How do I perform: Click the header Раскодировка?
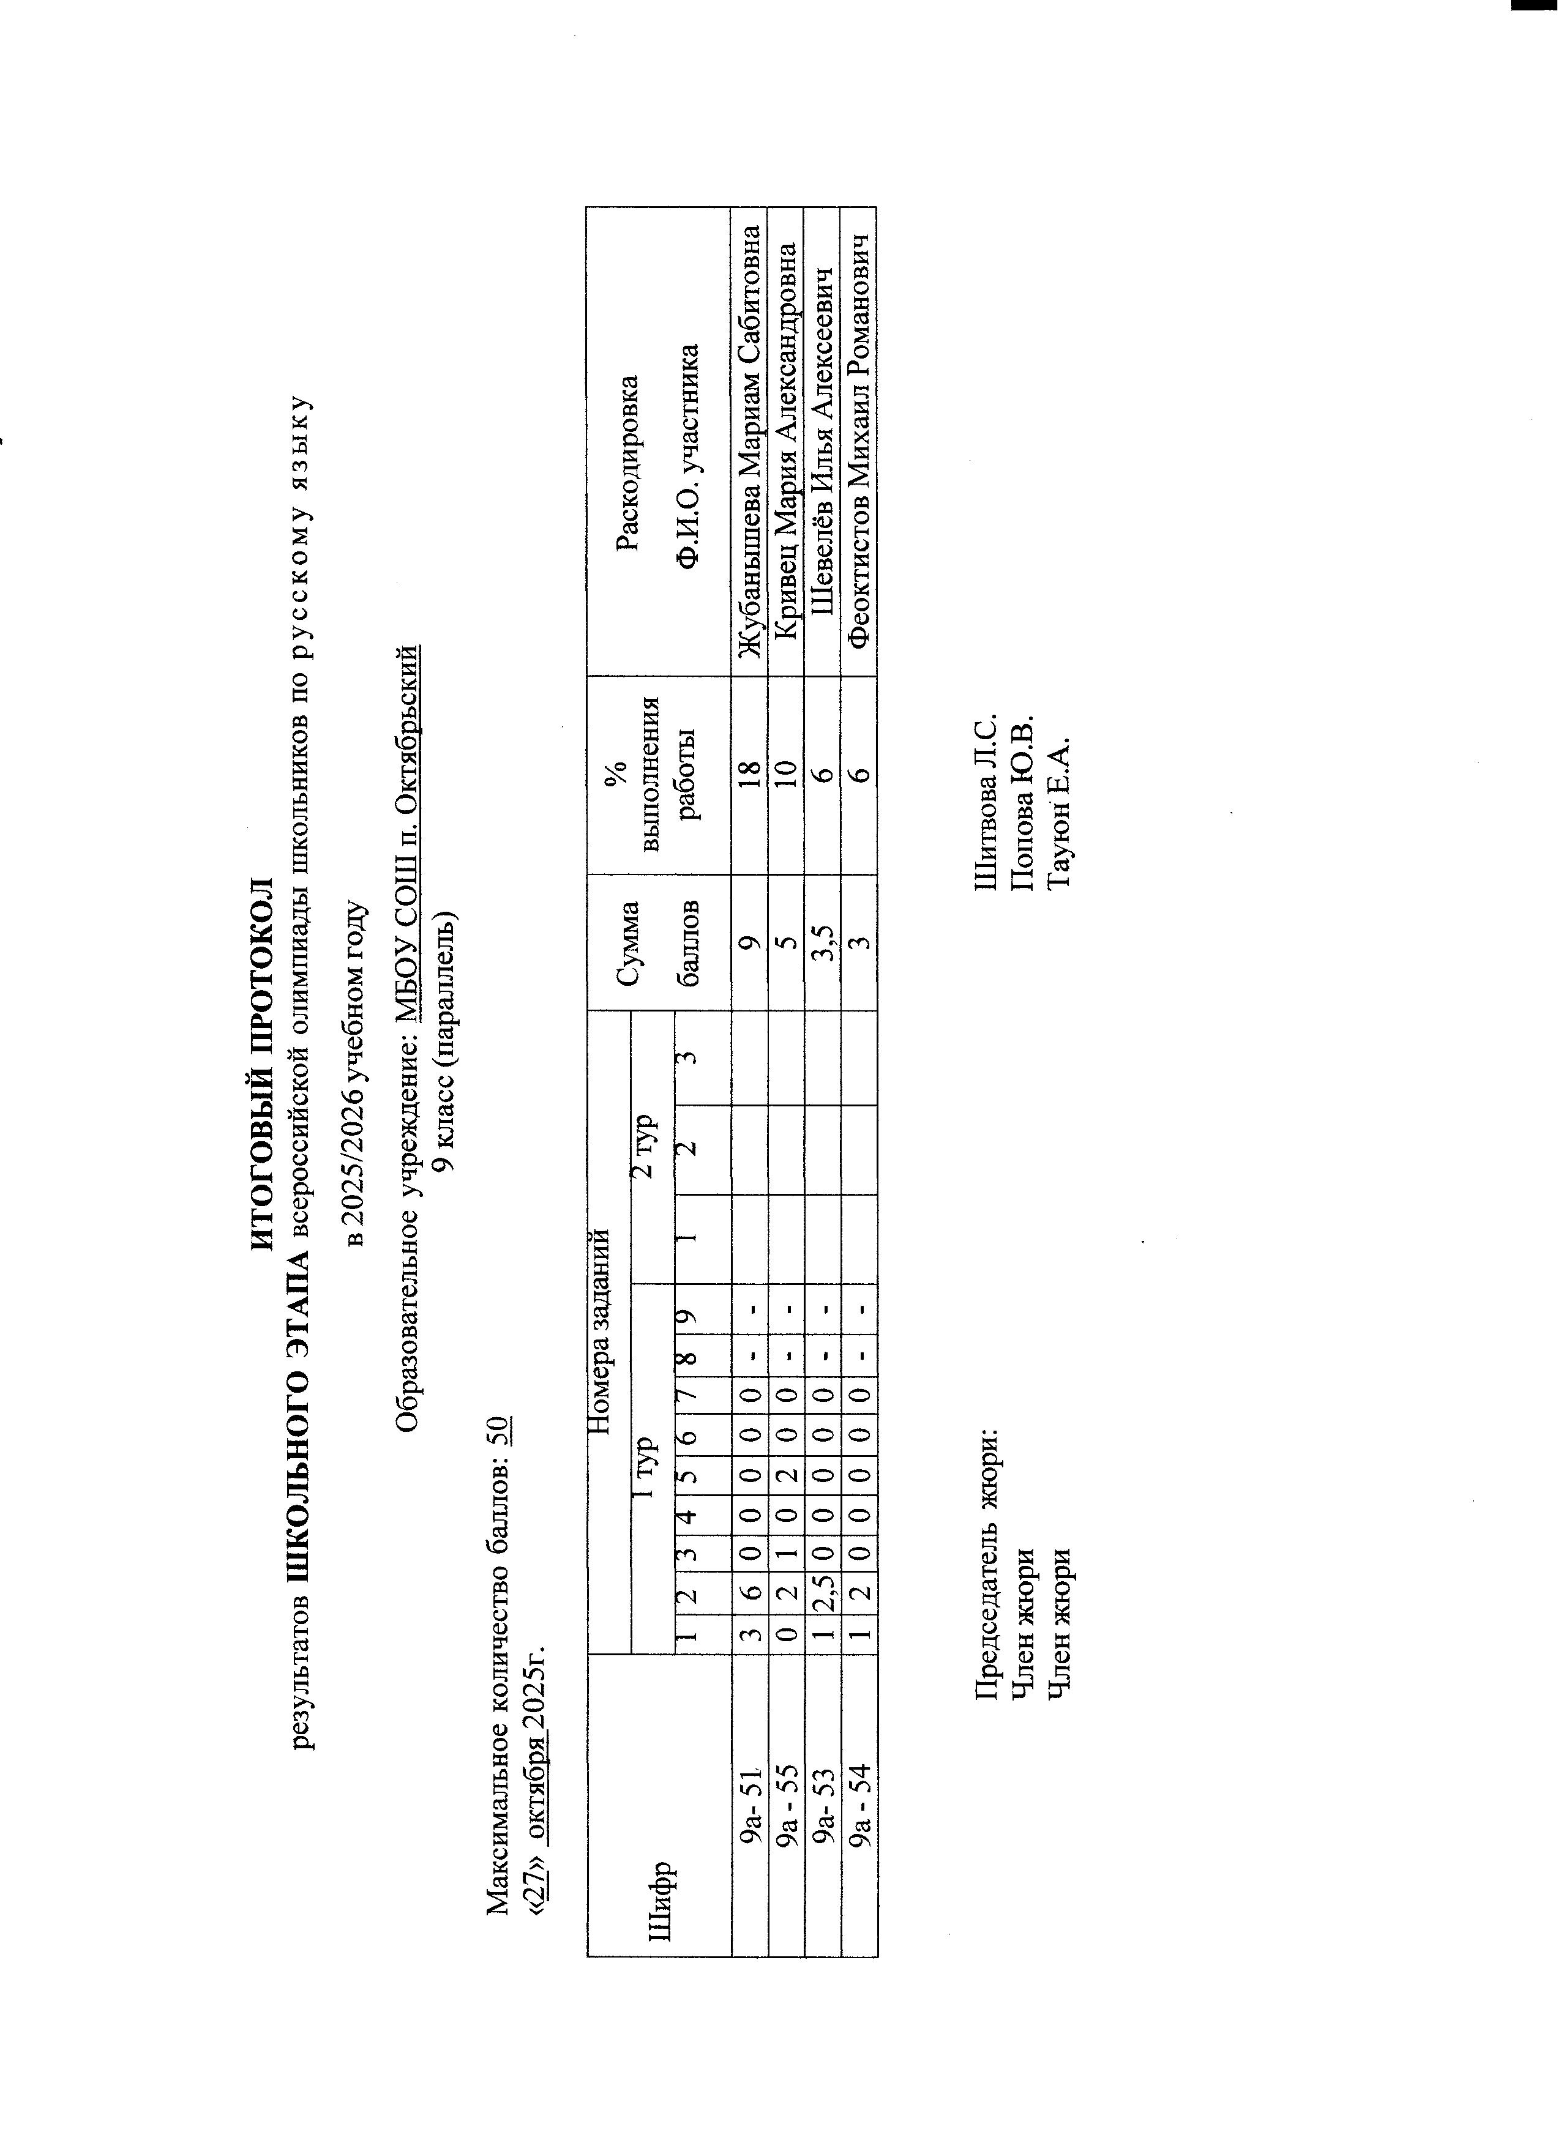point(627,464)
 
